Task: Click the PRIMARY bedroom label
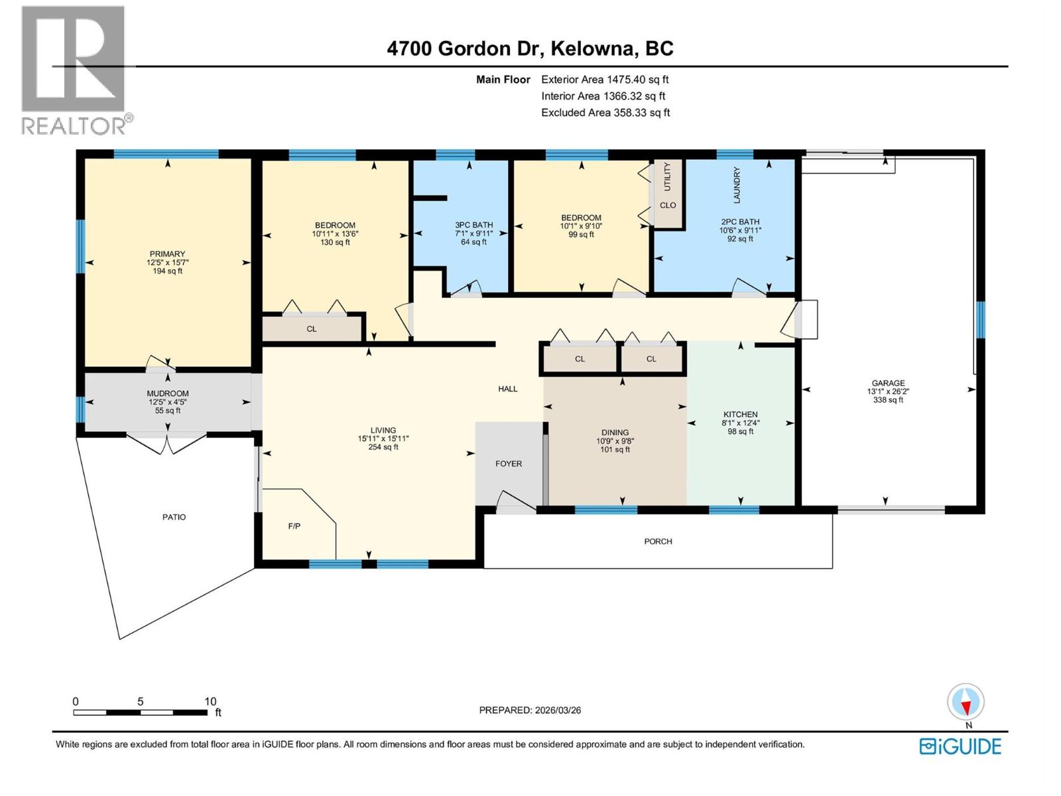point(167,254)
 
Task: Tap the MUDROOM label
point(168,393)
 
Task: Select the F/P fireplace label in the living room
point(294,526)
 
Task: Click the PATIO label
point(174,517)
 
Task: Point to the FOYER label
point(509,464)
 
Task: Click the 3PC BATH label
point(473,225)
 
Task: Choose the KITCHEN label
point(740,414)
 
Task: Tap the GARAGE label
point(888,383)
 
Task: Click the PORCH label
point(658,541)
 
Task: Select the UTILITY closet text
point(668,176)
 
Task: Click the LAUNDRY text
point(737,184)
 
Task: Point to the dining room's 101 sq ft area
point(615,450)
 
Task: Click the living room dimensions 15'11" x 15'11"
point(383,438)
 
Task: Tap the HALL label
point(507,389)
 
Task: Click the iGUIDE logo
point(960,746)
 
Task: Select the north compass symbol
point(966,702)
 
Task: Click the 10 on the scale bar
point(210,701)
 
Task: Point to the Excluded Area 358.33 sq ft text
point(605,113)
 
